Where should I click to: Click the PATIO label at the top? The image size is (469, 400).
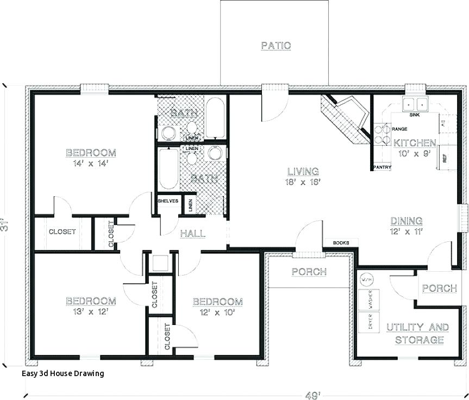pyautogui.click(x=276, y=46)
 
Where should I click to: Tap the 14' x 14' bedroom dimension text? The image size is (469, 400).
pyautogui.click(x=91, y=162)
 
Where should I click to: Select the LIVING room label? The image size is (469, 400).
pyautogui.click(x=303, y=172)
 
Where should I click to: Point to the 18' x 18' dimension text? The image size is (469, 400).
pyautogui.click(x=303, y=182)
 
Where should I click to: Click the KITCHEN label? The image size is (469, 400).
pyautogui.click(x=415, y=143)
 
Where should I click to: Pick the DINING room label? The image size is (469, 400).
pyautogui.click(x=407, y=221)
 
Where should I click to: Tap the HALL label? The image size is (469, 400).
pyautogui.click(x=192, y=234)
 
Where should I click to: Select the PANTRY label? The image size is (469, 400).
pyautogui.click(x=382, y=167)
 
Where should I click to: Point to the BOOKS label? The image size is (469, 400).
pyautogui.click(x=340, y=242)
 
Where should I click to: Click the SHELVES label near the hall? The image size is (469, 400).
pyautogui.click(x=168, y=201)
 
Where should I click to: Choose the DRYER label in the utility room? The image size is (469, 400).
pyautogui.click(x=371, y=322)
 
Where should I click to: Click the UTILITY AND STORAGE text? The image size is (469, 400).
pyautogui.click(x=417, y=334)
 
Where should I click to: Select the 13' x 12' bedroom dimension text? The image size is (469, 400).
pyautogui.click(x=91, y=312)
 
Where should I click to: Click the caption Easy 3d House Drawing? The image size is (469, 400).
pyautogui.click(x=63, y=373)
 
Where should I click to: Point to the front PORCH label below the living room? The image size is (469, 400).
pyautogui.click(x=309, y=272)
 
